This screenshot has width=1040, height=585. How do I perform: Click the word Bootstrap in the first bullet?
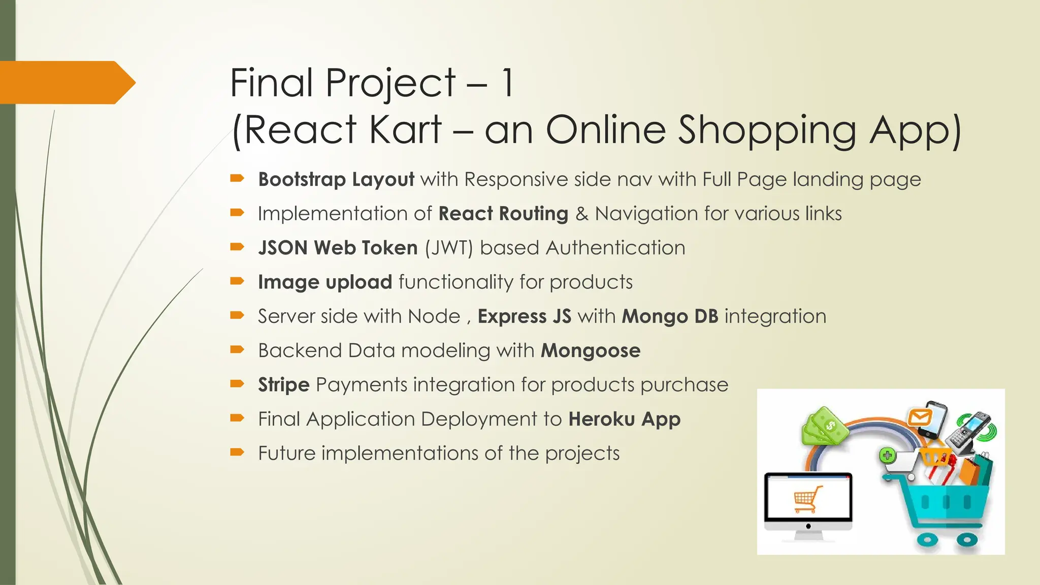(302, 180)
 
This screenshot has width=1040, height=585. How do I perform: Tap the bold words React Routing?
(503, 214)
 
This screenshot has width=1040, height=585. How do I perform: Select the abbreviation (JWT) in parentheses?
(449, 248)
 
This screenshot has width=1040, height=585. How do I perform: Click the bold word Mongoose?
(590, 351)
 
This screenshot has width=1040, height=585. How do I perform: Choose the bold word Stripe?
(283, 385)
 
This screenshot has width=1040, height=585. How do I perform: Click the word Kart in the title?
(405, 130)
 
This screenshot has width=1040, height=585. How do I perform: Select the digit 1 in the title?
(507, 83)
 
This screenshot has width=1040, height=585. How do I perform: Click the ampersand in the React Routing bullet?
(581, 214)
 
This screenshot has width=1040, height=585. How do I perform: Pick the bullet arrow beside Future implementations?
(237, 452)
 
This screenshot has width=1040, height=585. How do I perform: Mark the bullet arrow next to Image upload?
(237, 281)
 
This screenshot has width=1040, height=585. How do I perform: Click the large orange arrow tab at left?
(66, 82)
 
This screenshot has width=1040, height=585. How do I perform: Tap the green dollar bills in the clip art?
(824, 427)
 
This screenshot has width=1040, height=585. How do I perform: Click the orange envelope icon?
(920, 418)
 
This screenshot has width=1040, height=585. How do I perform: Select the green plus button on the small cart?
(887, 456)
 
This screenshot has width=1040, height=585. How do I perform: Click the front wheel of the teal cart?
(927, 540)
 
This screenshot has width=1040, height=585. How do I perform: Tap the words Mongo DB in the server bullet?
(670, 317)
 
